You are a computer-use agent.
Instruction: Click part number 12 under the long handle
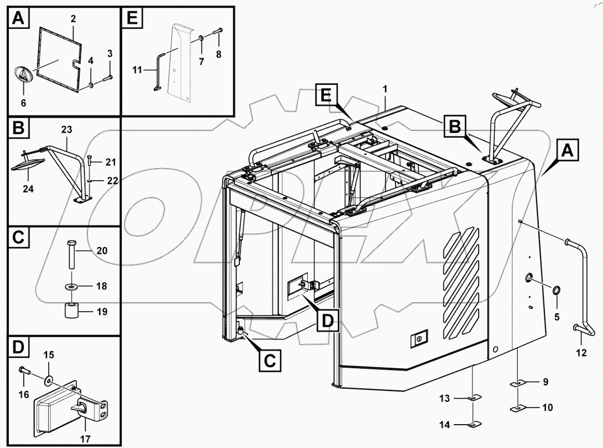[581, 353]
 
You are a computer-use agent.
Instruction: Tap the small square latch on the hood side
[418, 338]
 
